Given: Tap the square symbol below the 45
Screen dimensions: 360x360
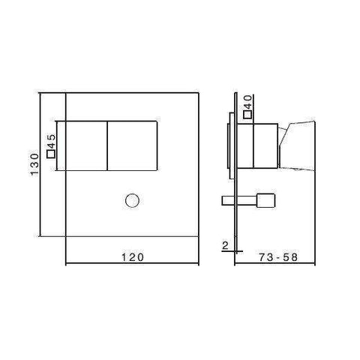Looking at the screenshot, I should point(50,154).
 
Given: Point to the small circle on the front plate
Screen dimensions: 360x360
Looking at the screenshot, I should point(131,200).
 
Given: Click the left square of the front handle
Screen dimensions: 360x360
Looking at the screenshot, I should point(83,145).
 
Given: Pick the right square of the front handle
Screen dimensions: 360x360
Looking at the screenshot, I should point(132,145).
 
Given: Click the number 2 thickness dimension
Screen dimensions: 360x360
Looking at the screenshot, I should point(224,244).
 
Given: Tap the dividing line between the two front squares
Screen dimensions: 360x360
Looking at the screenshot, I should point(108,145).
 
